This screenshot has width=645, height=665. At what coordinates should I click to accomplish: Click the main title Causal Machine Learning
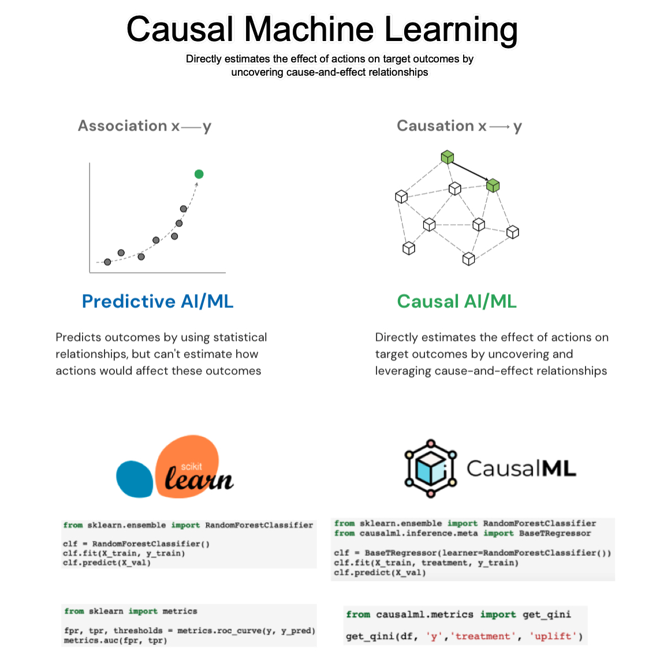click(x=322, y=29)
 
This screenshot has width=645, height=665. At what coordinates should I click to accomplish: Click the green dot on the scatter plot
click(x=199, y=174)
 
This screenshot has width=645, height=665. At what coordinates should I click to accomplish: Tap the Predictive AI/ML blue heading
click(x=158, y=302)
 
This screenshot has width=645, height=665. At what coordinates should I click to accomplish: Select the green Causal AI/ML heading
click(x=457, y=302)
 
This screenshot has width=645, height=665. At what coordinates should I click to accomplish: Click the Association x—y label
click(x=144, y=126)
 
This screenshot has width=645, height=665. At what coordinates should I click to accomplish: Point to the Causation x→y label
click(x=459, y=126)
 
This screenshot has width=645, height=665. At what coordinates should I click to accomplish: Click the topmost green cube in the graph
click(x=447, y=157)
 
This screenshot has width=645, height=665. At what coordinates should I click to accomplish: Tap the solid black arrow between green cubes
click(x=469, y=171)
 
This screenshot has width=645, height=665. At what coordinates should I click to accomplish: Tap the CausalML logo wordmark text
click(x=521, y=468)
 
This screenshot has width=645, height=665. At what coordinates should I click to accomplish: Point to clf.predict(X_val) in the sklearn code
click(x=107, y=563)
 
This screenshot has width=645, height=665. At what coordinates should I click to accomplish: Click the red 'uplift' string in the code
click(x=555, y=637)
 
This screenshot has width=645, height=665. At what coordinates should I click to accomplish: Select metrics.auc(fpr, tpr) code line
click(x=115, y=640)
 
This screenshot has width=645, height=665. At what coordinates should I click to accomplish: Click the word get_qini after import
click(x=546, y=615)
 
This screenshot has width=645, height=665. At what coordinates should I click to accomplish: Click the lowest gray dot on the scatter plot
click(x=107, y=262)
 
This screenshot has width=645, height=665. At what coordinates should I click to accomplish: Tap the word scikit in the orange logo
click(x=192, y=466)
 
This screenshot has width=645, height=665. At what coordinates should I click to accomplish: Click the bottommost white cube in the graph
click(x=469, y=258)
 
